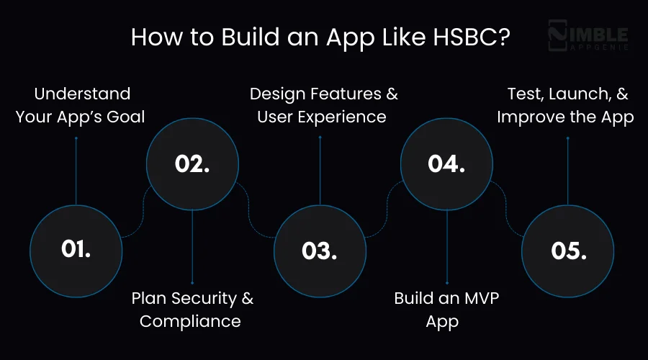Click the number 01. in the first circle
76,250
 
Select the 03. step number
320,251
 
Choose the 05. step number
568,251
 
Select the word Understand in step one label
83,94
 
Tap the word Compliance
190,321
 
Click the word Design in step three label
279,94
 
